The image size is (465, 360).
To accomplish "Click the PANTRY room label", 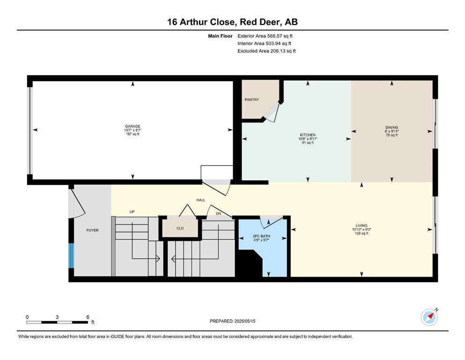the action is point(252,100).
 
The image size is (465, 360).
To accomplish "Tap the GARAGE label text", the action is point(133,126).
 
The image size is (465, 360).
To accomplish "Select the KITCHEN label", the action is point(308,135).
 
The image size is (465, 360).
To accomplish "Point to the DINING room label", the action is point(392,127).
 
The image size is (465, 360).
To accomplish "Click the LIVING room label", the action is point(362,225).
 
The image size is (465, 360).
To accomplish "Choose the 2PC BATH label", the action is point(261,236).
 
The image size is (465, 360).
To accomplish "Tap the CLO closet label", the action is point(180,228).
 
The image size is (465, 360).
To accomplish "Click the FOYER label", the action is point(93,230).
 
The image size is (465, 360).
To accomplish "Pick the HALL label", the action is point(201,200).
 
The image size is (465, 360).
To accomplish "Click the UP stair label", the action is point(132,211).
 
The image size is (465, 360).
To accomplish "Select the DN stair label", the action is point(219,213).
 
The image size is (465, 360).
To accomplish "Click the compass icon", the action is point(429,317).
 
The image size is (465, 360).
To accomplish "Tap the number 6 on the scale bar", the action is point(88,317).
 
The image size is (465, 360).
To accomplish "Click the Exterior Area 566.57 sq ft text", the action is point(265,36).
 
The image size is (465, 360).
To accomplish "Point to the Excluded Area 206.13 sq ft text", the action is point(266,51).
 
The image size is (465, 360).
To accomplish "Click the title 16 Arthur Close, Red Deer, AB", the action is point(232,22).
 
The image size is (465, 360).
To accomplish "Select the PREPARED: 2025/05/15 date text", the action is point(232,321).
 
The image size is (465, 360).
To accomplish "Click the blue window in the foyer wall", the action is point(71,255).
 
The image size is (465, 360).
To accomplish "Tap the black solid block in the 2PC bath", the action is point(249,263).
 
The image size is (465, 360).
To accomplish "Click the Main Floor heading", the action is point(220,36).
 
